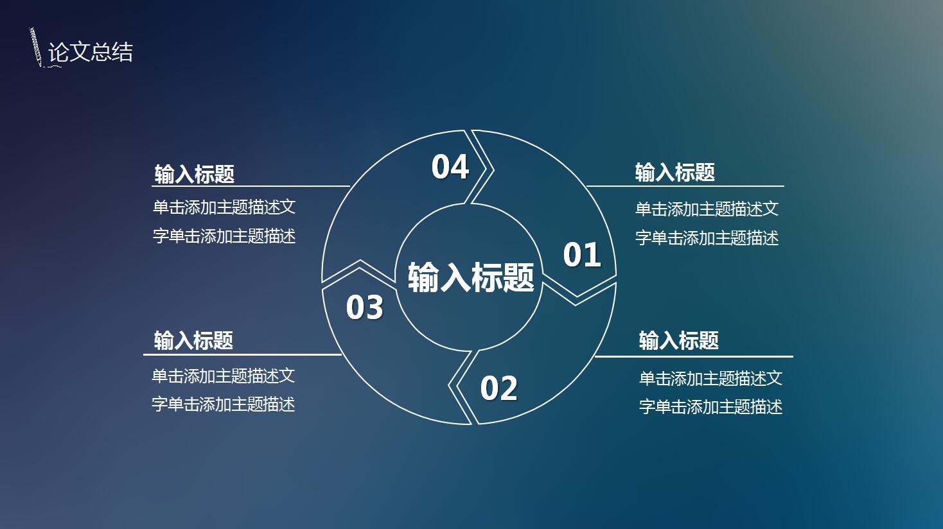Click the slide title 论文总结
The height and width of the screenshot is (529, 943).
(x=91, y=52)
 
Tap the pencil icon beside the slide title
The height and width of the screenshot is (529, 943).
(x=35, y=47)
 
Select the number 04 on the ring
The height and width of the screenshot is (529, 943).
(x=450, y=167)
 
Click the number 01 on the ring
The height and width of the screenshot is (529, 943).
(x=582, y=255)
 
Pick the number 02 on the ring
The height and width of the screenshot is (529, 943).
(x=499, y=388)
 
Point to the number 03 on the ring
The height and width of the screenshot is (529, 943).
(x=365, y=308)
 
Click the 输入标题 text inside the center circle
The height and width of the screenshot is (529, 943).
(x=471, y=278)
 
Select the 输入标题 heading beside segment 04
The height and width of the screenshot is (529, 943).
(x=195, y=173)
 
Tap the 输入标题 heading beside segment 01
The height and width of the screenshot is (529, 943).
(x=675, y=172)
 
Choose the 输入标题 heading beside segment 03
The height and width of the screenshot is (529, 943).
(x=193, y=340)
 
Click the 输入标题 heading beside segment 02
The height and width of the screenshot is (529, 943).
(x=679, y=340)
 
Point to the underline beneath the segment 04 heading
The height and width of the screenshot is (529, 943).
(x=251, y=186)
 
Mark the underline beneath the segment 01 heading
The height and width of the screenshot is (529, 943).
(x=685, y=186)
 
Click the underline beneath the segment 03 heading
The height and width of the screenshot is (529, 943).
(x=242, y=354)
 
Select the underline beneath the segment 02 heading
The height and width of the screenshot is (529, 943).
(x=694, y=356)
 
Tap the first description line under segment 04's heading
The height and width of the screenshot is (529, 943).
(x=224, y=207)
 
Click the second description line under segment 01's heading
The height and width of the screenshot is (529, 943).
(x=707, y=238)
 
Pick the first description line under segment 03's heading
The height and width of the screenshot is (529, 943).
(x=224, y=376)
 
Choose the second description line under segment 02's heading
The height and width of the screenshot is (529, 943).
(x=710, y=406)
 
